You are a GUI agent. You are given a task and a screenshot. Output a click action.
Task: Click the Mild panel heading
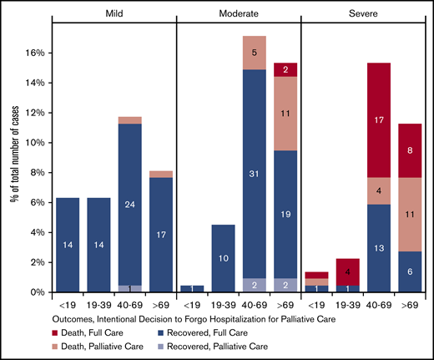point(114,14)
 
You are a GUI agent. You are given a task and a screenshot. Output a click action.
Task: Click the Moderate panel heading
point(238,14)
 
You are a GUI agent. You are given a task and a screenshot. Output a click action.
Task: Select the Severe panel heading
point(362,14)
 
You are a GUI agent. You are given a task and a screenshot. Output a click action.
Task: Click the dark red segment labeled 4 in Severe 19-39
point(347,272)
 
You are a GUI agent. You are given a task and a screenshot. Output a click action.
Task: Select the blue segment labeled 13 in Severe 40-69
point(378,247)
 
